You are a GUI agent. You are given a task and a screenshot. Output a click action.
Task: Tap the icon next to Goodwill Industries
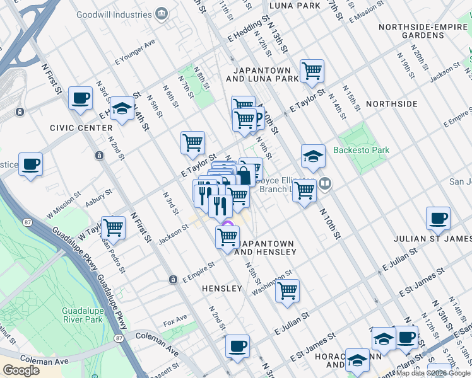[x=162, y=14]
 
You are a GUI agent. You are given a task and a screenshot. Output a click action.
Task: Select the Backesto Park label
[x=362, y=150]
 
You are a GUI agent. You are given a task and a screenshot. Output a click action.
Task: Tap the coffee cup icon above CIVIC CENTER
[x=80, y=98]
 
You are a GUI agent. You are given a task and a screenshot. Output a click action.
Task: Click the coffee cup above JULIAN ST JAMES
[x=438, y=219]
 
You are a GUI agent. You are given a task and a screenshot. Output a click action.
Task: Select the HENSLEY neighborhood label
[x=222, y=288]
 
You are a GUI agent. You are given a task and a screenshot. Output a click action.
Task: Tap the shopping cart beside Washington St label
[x=287, y=291]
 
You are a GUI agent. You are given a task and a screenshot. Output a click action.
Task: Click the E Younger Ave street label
[x=134, y=53]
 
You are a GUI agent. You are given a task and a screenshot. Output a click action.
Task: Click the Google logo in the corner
[x=21, y=370]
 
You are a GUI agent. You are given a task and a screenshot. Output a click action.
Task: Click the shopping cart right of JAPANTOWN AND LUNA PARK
[x=312, y=72]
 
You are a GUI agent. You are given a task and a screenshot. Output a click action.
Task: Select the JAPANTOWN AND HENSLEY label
[x=265, y=248]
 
